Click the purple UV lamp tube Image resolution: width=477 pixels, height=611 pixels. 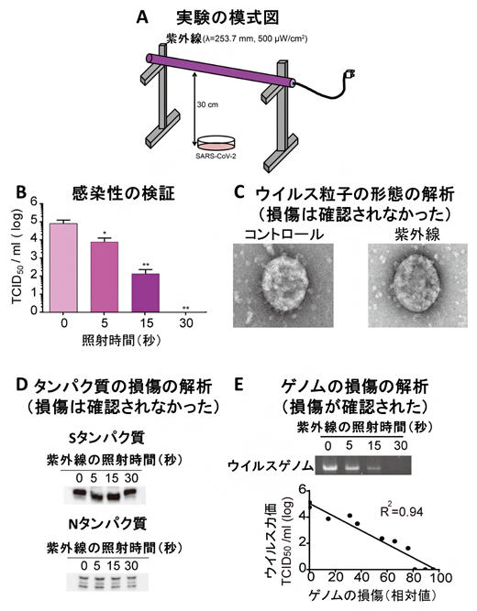coord(220,71)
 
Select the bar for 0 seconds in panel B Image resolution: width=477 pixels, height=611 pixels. coord(63,266)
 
